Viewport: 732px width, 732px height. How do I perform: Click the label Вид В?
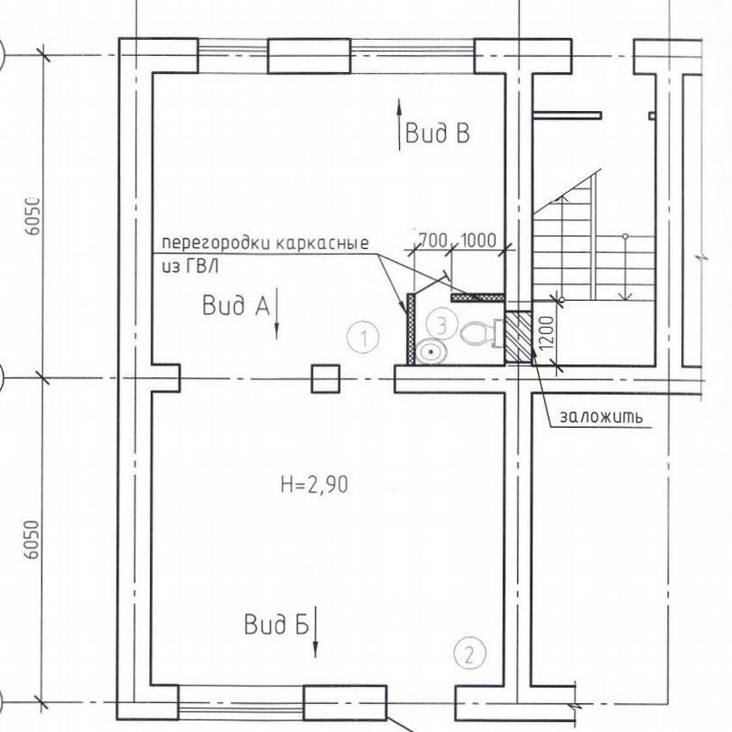(437, 134)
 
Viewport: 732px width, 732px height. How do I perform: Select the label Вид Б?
(274, 626)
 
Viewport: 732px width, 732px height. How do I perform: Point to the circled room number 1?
(363, 339)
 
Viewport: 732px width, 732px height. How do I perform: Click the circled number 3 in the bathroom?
(441, 323)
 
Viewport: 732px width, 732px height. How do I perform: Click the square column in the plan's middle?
(325, 378)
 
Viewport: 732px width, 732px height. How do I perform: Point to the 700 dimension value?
(433, 240)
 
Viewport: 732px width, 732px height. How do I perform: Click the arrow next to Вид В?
(398, 125)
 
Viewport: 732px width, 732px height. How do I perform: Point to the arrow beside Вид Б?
(316, 631)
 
